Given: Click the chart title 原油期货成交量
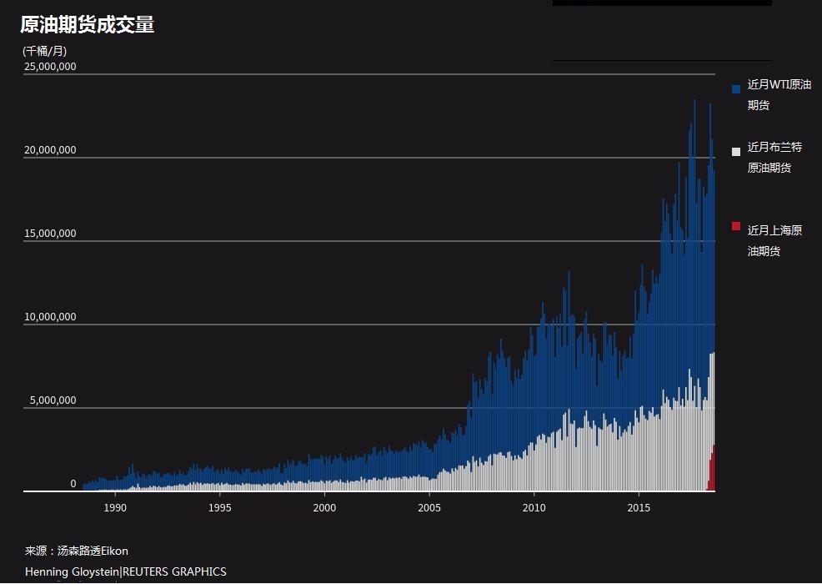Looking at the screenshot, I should coord(88,25).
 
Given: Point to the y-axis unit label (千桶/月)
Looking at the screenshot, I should coord(44,51).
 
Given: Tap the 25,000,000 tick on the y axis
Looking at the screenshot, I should coord(50,67).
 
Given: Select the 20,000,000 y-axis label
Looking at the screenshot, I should coord(50,150).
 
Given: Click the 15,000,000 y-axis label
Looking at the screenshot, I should coord(50,234).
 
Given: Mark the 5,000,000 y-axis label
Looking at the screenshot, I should coord(53,400).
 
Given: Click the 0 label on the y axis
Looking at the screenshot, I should coord(73,484).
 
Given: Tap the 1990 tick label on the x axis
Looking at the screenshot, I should coord(115,507).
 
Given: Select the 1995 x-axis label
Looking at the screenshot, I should coord(219,507).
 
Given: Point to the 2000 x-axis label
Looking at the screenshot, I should coord(324,507).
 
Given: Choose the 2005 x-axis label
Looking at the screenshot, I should coord(429,507).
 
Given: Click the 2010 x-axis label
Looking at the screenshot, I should coord(534,507).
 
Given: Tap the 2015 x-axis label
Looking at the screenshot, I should coord(639,507).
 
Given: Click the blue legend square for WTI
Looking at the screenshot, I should coord(736,88).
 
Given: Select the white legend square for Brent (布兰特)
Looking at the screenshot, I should coord(736,151).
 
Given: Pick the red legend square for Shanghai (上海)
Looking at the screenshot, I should coord(736,226).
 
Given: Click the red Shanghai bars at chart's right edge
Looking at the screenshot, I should coord(712,471).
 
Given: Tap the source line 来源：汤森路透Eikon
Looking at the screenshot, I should coord(77,551).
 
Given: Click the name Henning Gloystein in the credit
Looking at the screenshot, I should coord(72,571).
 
